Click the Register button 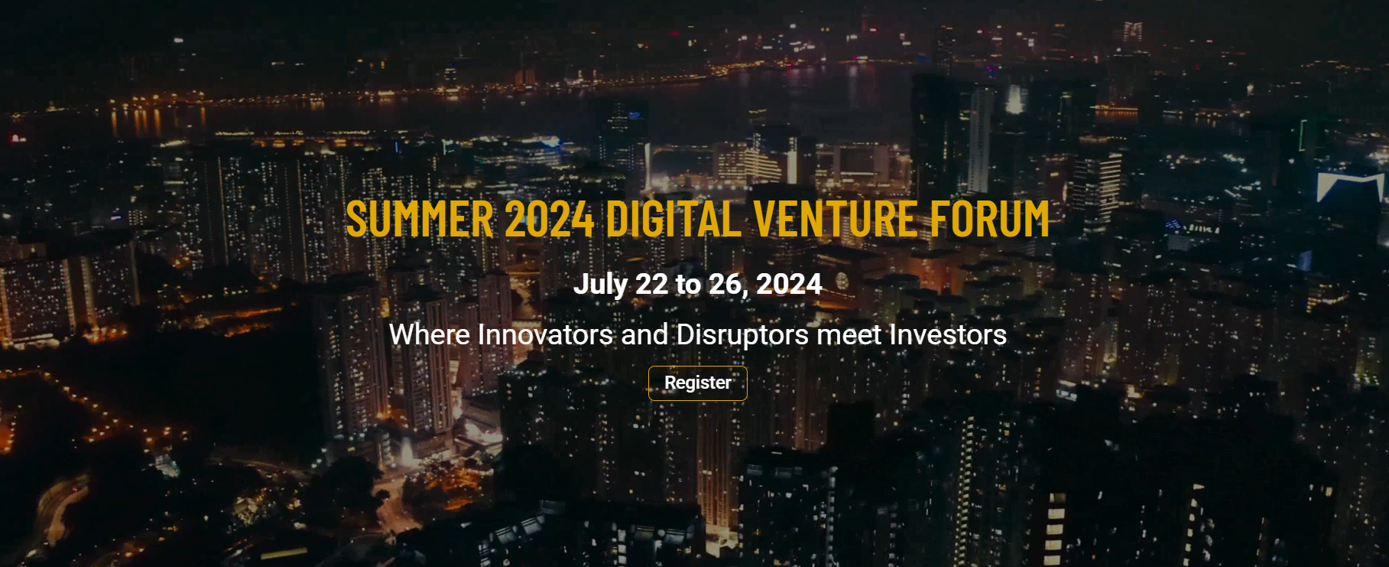point(697,383)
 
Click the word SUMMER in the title point(420,219)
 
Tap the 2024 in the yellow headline point(550,219)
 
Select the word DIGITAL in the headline point(673,219)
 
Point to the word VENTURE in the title point(836,219)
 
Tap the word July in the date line point(601,285)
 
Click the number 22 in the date point(651,284)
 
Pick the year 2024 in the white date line point(789,284)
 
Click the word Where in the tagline point(430,334)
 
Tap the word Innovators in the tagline point(545,334)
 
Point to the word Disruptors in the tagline point(742,335)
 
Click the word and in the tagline point(644,334)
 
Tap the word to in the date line point(688,285)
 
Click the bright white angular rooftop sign point(1350,184)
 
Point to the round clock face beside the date point(842,281)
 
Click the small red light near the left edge point(14,138)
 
